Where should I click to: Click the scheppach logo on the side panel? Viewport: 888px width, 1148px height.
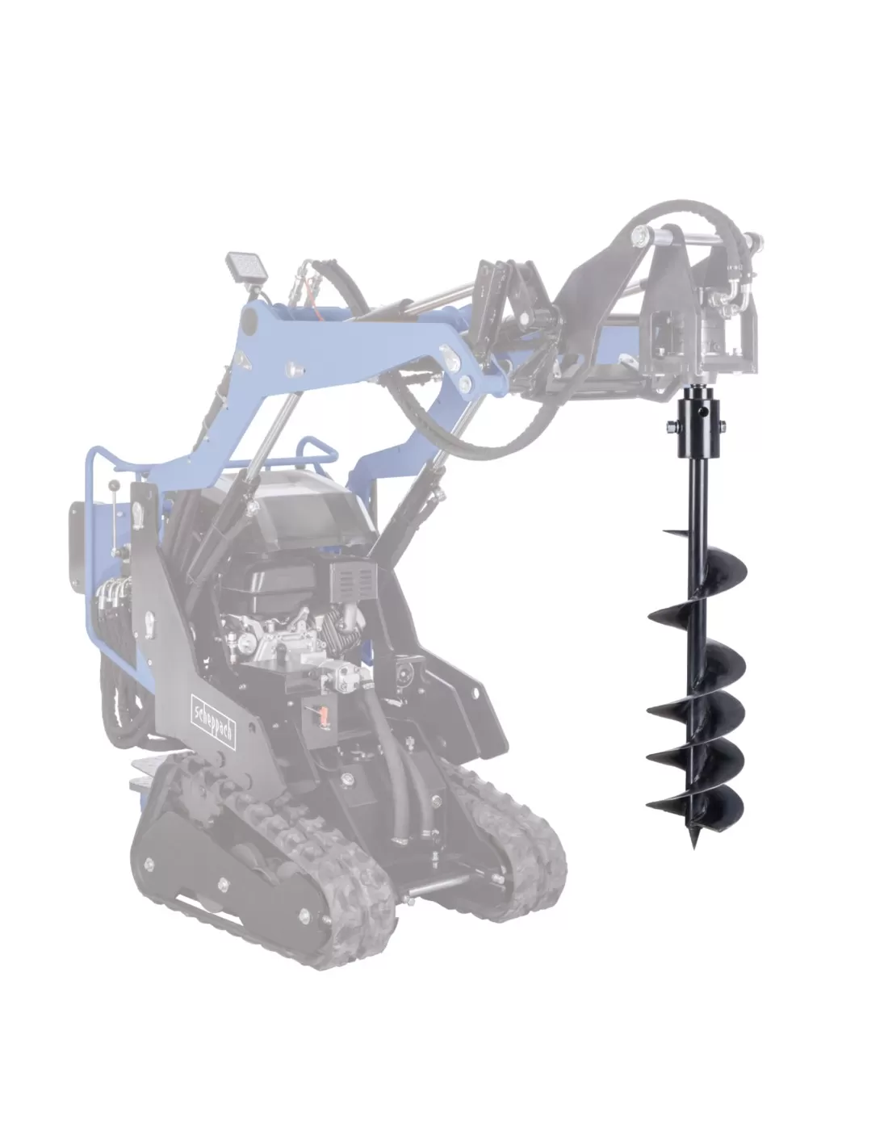tap(213, 720)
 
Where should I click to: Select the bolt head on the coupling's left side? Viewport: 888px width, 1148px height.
tap(670, 426)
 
